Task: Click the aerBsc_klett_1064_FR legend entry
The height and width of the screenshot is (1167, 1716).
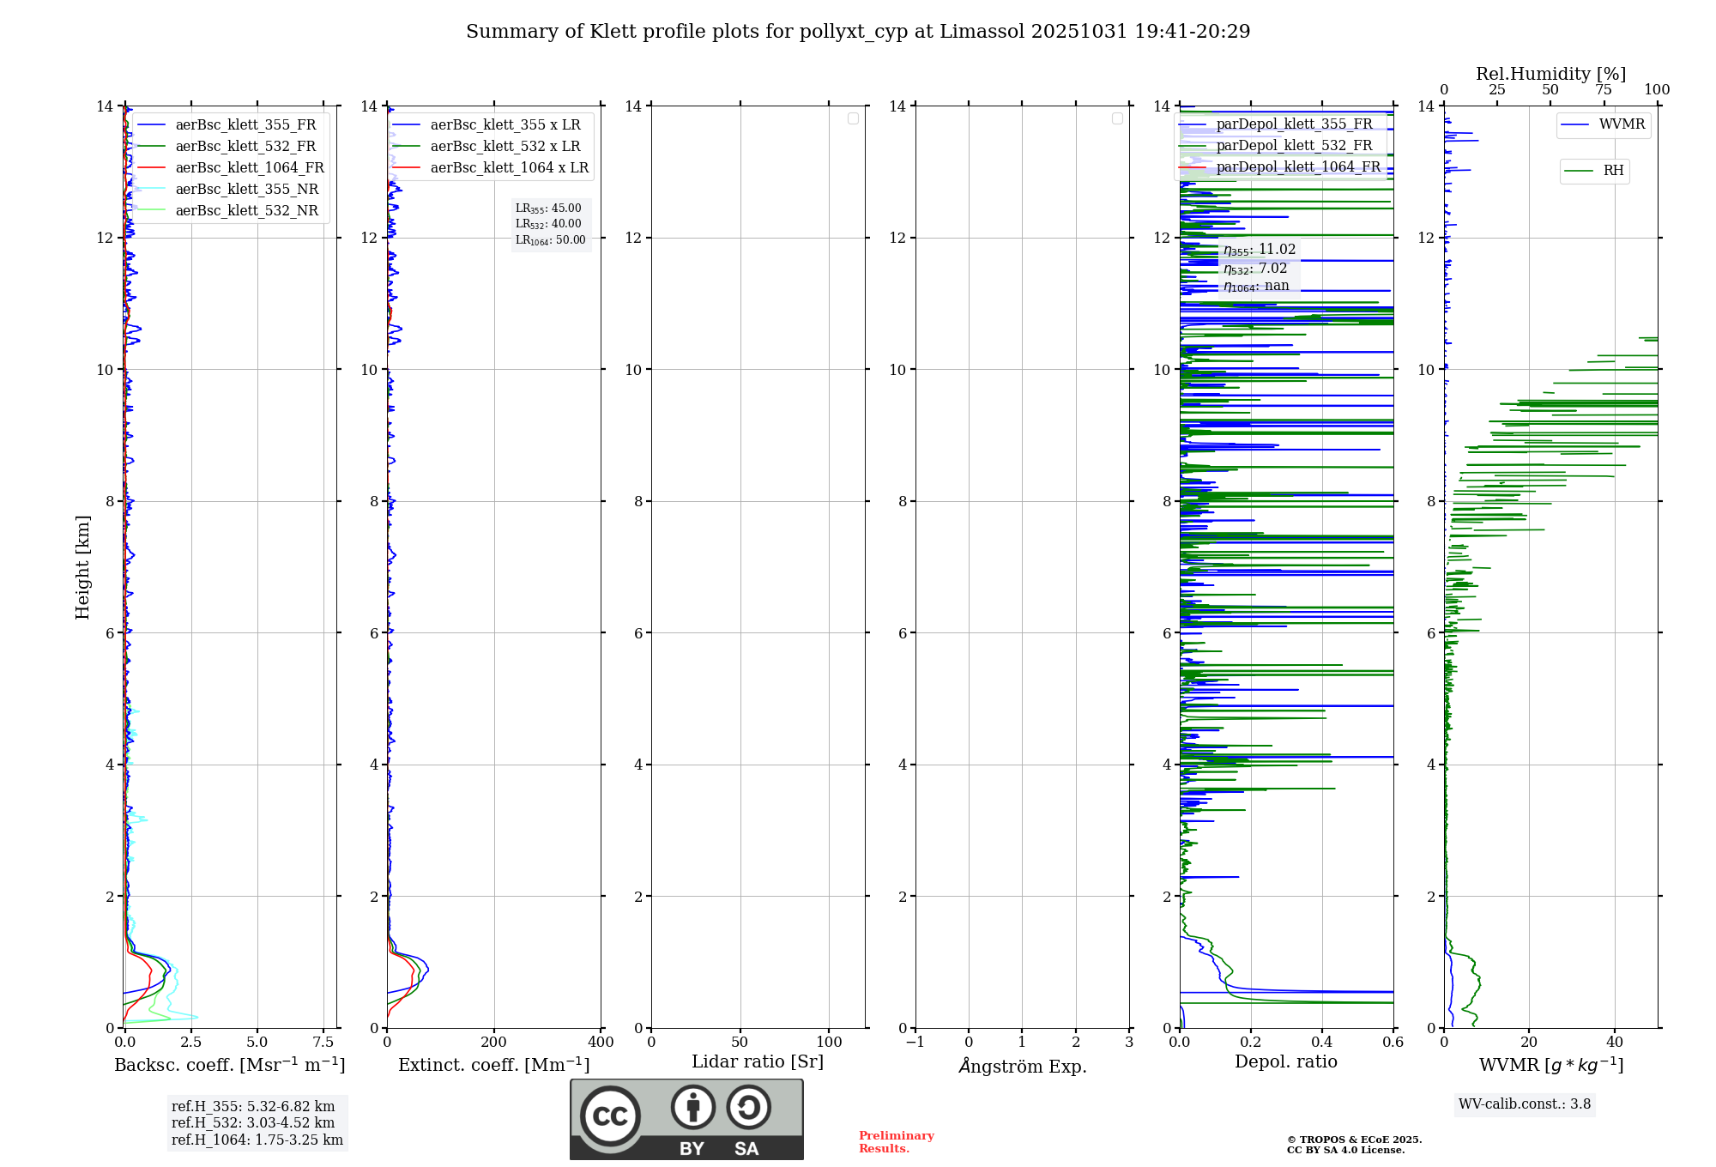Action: (x=249, y=168)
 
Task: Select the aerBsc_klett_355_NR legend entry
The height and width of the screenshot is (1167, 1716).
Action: (x=246, y=190)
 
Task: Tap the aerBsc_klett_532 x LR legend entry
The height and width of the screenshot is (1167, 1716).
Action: (x=505, y=147)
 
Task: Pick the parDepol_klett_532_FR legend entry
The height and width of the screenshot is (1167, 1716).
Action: (x=1294, y=146)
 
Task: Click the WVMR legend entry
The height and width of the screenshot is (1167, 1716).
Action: (x=1622, y=124)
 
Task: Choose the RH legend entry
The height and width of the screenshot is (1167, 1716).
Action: (x=1613, y=171)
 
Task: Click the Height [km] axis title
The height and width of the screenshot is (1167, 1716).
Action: (x=82, y=567)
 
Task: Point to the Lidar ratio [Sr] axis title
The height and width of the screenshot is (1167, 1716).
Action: (x=758, y=1062)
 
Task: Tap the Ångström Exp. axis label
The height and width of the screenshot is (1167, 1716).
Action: (x=1023, y=1067)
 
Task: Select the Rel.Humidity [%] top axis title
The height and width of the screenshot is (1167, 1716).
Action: (x=1550, y=74)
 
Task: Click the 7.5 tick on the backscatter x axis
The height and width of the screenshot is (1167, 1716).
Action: (x=323, y=1043)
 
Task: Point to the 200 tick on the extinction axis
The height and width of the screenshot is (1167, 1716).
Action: (x=494, y=1043)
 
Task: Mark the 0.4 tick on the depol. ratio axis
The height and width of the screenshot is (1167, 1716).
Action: (x=1322, y=1043)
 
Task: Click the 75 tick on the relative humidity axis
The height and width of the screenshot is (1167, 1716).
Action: (x=1604, y=90)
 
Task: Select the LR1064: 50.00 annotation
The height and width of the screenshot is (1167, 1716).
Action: (x=551, y=240)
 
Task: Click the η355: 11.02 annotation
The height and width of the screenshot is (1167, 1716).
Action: (x=1260, y=250)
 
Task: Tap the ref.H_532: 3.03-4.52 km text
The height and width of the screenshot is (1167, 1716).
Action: (x=253, y=1123)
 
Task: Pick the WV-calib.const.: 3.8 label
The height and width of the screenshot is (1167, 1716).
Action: (x=1525, y=1104)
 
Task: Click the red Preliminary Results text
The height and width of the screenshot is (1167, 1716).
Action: (x=896, y=1142)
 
